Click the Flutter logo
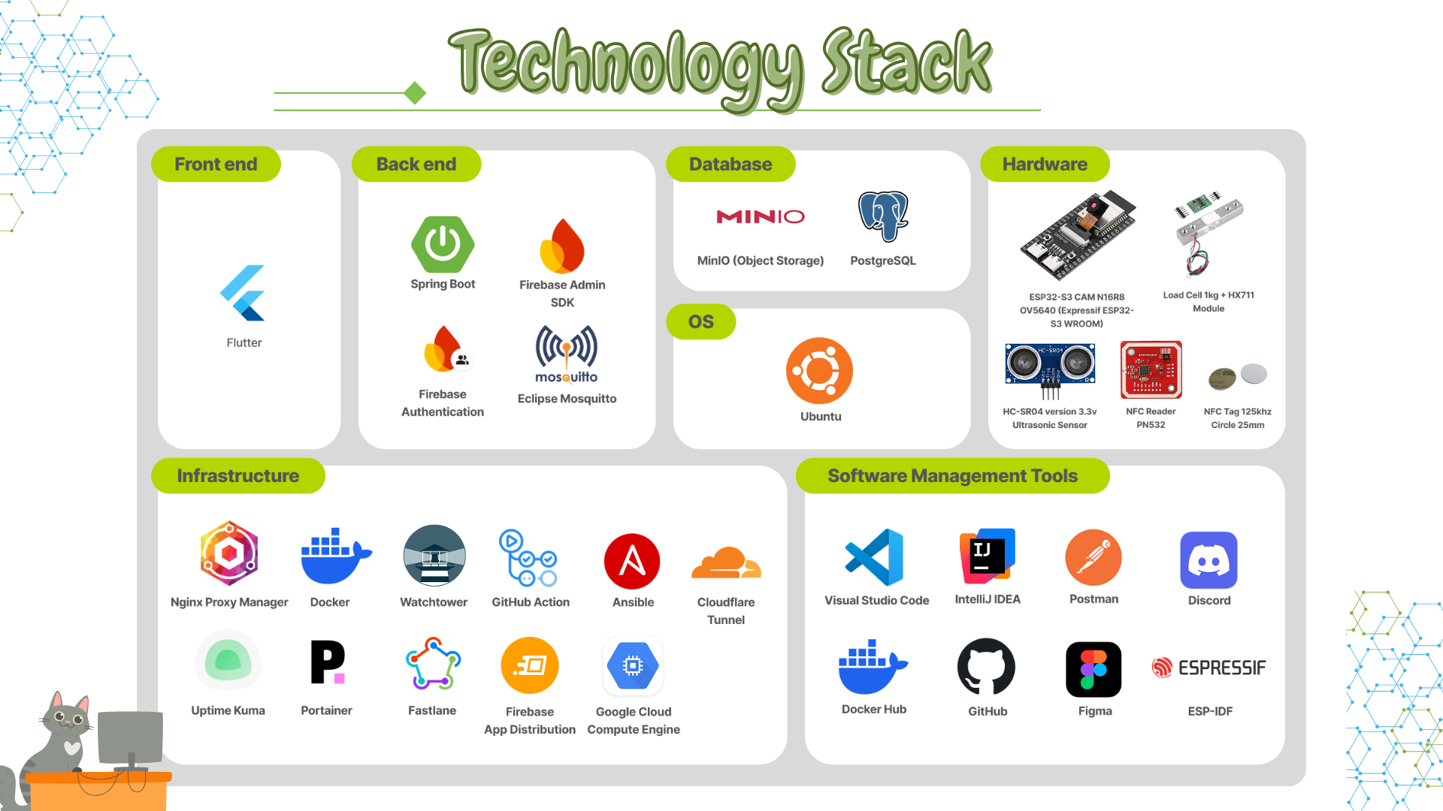point(243,293)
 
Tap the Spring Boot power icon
point(443,244)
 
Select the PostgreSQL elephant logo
point(883,216)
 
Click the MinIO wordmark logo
point(760,217)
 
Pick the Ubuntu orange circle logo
point(819,371)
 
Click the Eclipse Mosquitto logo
point(567,354)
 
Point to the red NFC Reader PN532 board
point(1151,369)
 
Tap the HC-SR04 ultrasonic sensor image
point(1050,368)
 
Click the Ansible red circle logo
point(632,561)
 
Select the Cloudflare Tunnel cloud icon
point(725,563)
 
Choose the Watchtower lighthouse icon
point(434,556)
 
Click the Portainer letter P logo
point(327,662)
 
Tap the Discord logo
point(1209,560)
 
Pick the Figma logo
point(1094,669)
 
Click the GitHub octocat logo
point(986,667)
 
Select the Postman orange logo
point(1094,558)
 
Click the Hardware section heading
point(1045,164)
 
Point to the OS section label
point(700,322)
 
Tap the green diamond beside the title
point(415,93)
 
